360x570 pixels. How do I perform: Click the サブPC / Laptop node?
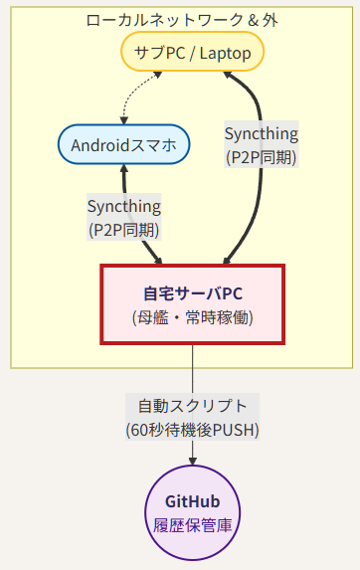[192, 52]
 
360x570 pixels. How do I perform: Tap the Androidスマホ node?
[124, 144]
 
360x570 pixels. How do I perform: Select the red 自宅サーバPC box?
[193, 304]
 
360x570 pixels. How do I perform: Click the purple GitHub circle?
[193, 512]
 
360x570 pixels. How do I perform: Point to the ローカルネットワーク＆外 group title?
[182, 20]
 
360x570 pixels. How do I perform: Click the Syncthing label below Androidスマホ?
[124, 217]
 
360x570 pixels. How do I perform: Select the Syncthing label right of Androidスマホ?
[262, 144]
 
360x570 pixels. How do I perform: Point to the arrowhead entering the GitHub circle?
[193, 461]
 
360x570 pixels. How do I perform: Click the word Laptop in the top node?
[225, 54]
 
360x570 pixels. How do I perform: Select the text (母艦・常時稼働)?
[193, 317]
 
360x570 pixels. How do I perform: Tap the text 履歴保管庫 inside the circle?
[193, 525]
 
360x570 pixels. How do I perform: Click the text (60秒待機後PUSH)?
[193, 430]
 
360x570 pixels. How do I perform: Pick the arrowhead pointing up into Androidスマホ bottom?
[124, 169]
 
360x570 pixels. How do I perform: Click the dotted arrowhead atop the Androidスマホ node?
[124, 120]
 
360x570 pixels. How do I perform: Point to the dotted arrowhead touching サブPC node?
[158, 75]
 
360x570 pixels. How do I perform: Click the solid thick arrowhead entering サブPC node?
[228, 75]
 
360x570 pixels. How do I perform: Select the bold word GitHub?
[193, 501]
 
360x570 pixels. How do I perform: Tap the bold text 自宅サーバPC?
[193, 293]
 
